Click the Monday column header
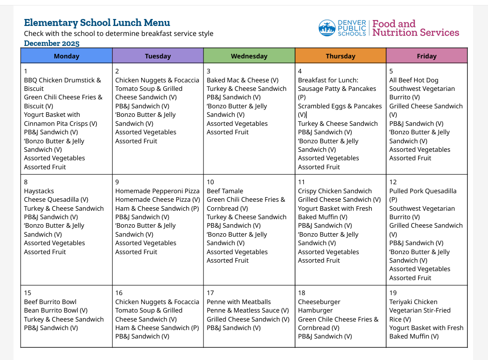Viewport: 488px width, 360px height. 66,56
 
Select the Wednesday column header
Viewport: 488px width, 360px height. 249,56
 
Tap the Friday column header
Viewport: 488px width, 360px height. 427,56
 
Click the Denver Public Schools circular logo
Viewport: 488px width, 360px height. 327,28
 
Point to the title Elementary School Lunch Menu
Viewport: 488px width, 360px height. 97,22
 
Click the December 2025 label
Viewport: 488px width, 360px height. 51,43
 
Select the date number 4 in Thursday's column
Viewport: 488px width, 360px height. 300,71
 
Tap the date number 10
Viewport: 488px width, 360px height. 210,182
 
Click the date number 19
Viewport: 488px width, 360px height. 393,293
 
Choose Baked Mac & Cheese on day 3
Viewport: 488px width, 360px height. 243,80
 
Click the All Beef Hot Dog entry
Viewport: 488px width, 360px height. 414,80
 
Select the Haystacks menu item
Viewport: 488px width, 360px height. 39,191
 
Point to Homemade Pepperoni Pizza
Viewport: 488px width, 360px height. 157,191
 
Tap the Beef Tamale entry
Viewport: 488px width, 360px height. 225,191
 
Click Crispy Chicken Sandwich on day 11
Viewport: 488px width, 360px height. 335,191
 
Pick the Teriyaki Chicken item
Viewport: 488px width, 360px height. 413,302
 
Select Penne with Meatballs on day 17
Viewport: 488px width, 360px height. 239,302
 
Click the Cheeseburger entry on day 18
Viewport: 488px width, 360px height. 319,302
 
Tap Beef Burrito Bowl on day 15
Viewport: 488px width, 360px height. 50,302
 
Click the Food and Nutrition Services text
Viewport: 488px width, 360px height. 416,28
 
